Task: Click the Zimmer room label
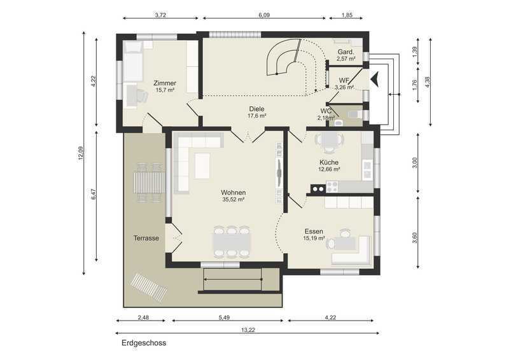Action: tap(165, 87)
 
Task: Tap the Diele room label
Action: tap(257, 112)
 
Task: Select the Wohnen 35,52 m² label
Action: tap(234, 196)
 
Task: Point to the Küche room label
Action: tap(329, 165)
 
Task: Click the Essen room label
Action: tap(314, 235)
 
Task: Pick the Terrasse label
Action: tap(146, 239)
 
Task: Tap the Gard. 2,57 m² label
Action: tap(345, 55)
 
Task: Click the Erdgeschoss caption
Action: tap(144, 343)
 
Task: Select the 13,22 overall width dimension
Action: tap(248, 330)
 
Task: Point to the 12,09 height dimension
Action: tap(81, 153)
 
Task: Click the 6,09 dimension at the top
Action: tap(264, 15)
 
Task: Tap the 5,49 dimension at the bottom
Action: tap(225, 317)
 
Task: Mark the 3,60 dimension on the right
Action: tap(414, 238)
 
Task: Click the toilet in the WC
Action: tap(353, 114)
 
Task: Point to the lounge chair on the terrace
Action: tap(149, 287)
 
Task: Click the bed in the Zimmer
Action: tap(132, 61)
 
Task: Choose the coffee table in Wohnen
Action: tap(202, 166)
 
